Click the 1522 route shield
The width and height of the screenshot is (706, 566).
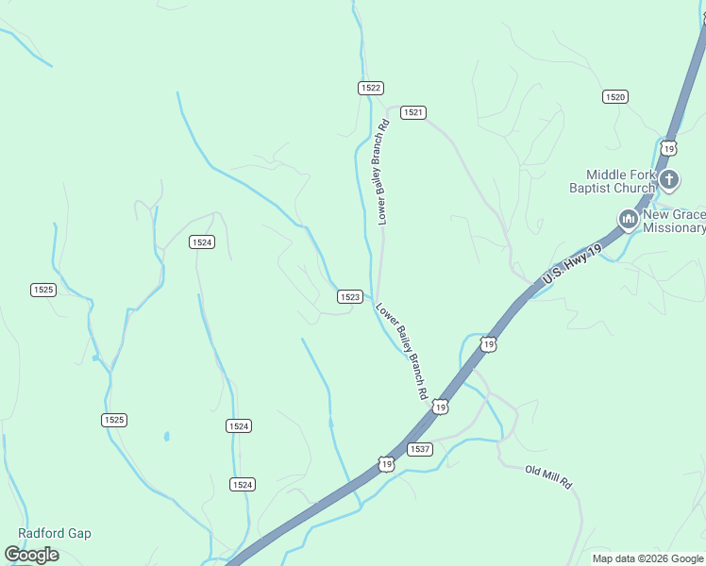click(x=370, y=88)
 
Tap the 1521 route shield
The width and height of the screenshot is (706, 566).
click(x=412, y=112)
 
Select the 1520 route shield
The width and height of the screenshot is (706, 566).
click(x=615, y=96)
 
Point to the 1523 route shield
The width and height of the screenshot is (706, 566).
click(x=349, y=296)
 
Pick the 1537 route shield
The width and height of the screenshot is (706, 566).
click(x=420, y=449)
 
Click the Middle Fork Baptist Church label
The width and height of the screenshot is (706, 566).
click(x=620, y=181)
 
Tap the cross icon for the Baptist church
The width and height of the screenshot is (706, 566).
click(x=669, y=179)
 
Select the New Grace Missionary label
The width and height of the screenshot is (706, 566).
click(x=674, y=221)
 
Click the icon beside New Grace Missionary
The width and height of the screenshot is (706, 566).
click(x=628, y=221)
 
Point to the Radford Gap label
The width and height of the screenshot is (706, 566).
click(x=54, y=533)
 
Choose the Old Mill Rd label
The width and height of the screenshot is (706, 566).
click(x=549, y=476)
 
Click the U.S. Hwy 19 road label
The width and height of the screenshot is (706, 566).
click(x=572, y=264)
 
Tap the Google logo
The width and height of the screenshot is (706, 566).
click(x=32, y=555)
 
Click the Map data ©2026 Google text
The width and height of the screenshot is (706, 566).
click(x=647, y=558)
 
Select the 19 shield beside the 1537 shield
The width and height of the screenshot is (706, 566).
click(x=386, y=463)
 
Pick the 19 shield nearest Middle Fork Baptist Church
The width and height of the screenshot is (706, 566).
click(x=669, y=148)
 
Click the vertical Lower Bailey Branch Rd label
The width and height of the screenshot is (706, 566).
click(x=382, y=172)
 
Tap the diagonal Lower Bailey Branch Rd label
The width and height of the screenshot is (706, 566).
click(x=402, y=351)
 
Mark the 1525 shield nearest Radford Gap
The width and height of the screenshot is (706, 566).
click(x=114, y=419)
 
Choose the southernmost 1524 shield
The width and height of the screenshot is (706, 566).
click(x=242, y=484)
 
